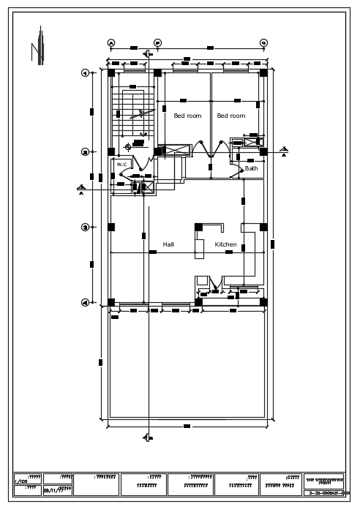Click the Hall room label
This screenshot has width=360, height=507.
168,244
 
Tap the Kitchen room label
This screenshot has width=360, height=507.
225,244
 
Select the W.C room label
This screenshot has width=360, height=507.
121,165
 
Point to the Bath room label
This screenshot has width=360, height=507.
251,168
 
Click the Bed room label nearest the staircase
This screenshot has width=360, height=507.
187,116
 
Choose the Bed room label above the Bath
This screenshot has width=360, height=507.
231,116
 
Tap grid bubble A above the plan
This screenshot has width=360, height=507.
111,43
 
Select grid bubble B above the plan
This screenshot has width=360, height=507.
157,43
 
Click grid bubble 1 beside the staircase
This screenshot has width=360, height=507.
85,72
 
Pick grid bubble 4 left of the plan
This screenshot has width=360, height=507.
85,302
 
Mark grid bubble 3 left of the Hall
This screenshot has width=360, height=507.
85,227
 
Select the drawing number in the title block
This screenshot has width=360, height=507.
324,493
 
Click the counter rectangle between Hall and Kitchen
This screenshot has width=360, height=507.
200,241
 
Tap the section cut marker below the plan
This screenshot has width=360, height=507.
146,437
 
